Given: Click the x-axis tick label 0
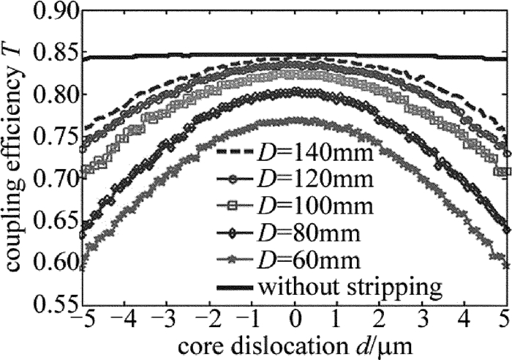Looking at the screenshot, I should click(x=295, y=319).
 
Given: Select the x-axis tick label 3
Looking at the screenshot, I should click(x=423, y=319).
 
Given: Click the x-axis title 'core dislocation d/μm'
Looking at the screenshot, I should click(x=295, y=345).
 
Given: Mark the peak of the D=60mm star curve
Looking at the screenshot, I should click(x=295, y=119).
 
